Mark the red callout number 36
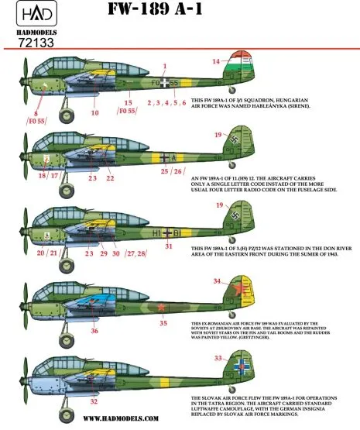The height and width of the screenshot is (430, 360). [94, 332]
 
